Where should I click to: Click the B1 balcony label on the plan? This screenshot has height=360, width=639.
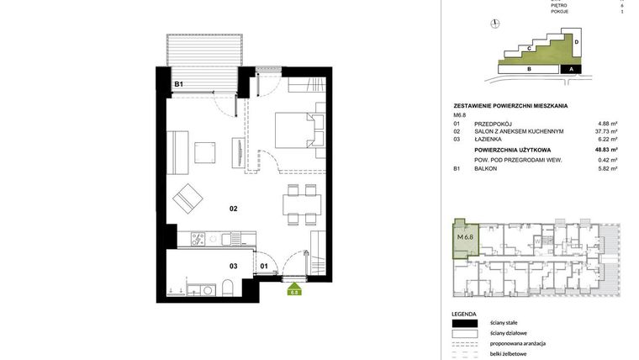pos(179,85)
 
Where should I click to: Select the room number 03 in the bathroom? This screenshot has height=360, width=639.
pos(234,266)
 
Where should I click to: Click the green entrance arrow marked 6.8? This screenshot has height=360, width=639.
pos(294,291)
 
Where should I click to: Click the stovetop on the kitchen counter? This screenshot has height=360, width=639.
pos(198,238)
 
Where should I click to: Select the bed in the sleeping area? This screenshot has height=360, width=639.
pos(296,130)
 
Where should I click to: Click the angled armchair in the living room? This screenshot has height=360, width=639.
pos(187,200)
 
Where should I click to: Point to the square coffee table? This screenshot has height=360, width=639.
pos(207,152)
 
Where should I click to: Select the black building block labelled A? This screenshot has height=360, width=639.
pos(571,70)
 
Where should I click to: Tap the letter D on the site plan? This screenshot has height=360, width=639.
pos(576,41)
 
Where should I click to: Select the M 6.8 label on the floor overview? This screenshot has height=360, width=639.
pos(465,237)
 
